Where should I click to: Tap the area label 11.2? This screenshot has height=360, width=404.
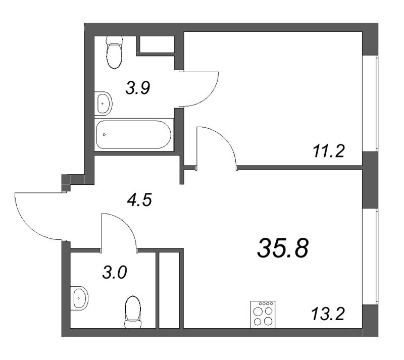click(x=327, y=150)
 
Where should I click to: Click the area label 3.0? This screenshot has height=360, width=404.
click(x=116, y=273)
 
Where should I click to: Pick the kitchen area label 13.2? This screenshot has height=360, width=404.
click(x=327, y=315)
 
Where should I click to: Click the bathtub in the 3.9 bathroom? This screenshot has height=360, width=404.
click(x=134, y=134)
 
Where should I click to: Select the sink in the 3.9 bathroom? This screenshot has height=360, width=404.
click(x=104, y=104)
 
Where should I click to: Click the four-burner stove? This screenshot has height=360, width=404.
click(x=263, y=314)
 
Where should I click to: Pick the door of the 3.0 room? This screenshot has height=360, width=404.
click(x=119, y=230)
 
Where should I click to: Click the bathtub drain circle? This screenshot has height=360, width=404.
click(x=104, y=135)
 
